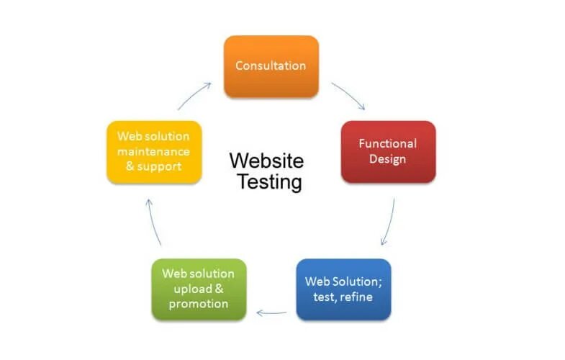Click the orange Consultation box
click(271, 66)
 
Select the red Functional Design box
click(387, 151)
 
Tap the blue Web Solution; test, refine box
click(343, 289)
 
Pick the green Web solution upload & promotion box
click(199, 289)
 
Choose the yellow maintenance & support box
click(153, 151)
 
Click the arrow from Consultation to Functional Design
click(348, 96)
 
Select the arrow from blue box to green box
click(271, 312)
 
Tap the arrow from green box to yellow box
click(155, 222)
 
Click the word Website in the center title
click(266, 160)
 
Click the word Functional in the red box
click(387, 143)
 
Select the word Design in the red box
click(387, 158)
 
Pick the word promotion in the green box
click(199, 304)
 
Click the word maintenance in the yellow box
click(153, 151)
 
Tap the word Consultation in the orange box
click(271, 66)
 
